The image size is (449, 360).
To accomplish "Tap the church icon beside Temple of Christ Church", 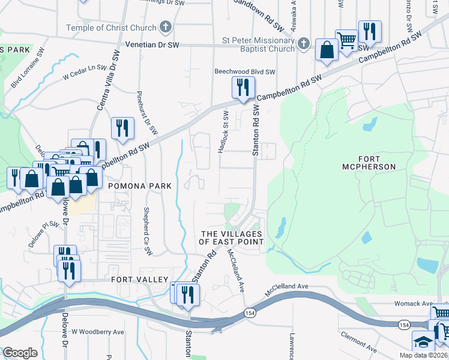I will coord(166,28).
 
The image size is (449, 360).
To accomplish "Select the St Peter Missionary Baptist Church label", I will coord(258,46).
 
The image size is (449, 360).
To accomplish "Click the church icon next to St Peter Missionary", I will coord(304,43).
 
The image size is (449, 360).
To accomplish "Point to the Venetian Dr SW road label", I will coord(152,44).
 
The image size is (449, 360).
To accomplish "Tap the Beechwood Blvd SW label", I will coord(245,71).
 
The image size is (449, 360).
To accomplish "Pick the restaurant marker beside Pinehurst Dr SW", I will coord(122,127).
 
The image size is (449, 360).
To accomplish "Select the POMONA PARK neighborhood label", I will coord(140,187).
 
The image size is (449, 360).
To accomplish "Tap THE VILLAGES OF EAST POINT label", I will coord(232,238).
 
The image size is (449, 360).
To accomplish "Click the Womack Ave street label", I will coord(414,304).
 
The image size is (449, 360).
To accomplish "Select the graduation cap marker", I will coord(423,342).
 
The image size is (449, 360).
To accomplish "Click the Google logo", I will coord(20,352).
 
